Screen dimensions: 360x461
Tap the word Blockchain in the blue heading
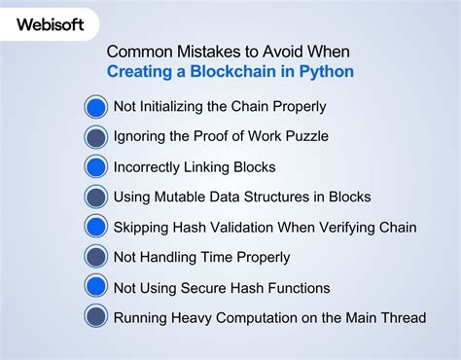click(233, 71)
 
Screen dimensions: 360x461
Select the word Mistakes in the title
click(201, 51)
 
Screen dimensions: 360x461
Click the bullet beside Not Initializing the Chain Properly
click(95, 107)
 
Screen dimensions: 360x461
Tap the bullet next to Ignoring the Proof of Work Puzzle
click(95, 137)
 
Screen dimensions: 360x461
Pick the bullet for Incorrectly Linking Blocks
click(95, 167)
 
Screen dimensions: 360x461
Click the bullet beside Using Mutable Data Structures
click(95, 198)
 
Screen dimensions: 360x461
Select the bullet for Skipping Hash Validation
click(95, 228)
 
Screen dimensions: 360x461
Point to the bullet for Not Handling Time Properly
click(95, 258)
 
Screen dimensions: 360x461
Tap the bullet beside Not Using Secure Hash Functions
click(95, 288)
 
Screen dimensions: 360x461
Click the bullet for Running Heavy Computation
click(95, 318)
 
